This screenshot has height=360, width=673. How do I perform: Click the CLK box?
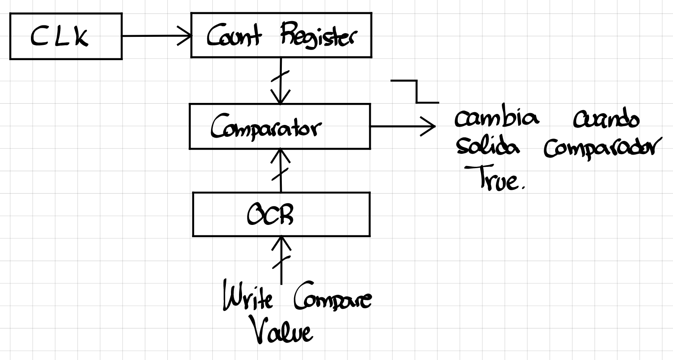[x=66, y=36]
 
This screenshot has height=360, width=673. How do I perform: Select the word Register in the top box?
[x=319, y=37]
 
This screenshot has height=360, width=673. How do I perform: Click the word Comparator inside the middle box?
[x=266, y=127]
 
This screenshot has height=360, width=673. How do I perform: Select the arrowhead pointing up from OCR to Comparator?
[x=280, y=155]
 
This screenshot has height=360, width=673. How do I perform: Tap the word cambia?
[x=496, y=119]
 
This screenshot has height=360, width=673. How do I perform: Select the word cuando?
[x=606, y=119]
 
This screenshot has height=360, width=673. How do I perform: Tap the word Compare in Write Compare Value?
[x=332, y=299]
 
